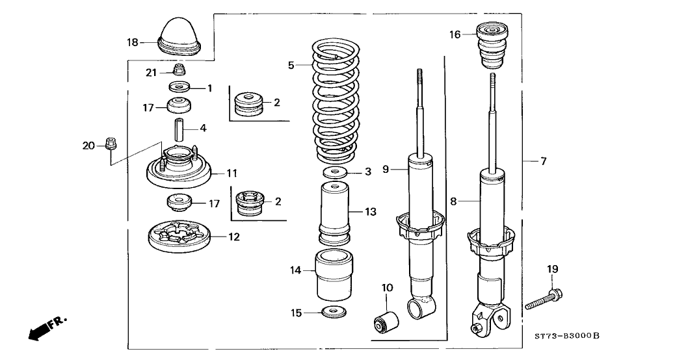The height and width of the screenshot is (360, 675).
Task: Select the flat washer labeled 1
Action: (x=179, y=87)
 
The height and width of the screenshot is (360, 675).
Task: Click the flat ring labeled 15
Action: (x=334, y=313)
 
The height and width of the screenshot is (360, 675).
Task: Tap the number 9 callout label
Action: (x=386, y=169)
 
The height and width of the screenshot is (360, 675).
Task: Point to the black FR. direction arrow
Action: (x=42, y=328)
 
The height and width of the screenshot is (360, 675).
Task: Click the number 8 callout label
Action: (x=453, y=201)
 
